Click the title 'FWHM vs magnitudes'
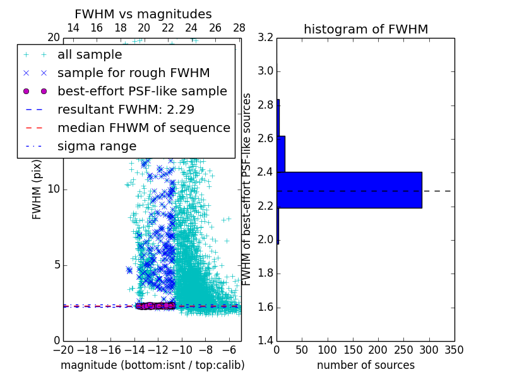click(x=143, y=14)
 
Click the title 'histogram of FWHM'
click(x=365, y=29)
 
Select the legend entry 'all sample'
click(x=90, y=55)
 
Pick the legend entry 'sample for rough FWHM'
click(x=133, y=73)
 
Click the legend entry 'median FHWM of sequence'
click(x=143, y=128)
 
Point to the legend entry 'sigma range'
click(x=97, y=146)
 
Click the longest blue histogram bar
click(x=349, y=189)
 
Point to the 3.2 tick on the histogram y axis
click(x=265, y=37)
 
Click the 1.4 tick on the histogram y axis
click(x=265, y=341)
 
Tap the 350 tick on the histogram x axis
click(x=454, y=350)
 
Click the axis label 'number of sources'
click(x=365, y=365)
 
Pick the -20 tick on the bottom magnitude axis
click(x=63, y=350)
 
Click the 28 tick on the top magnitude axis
click(x=239, y=28)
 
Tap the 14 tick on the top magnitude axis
click(x=73, y=28)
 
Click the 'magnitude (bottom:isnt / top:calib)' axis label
click(x=152, y=365)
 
